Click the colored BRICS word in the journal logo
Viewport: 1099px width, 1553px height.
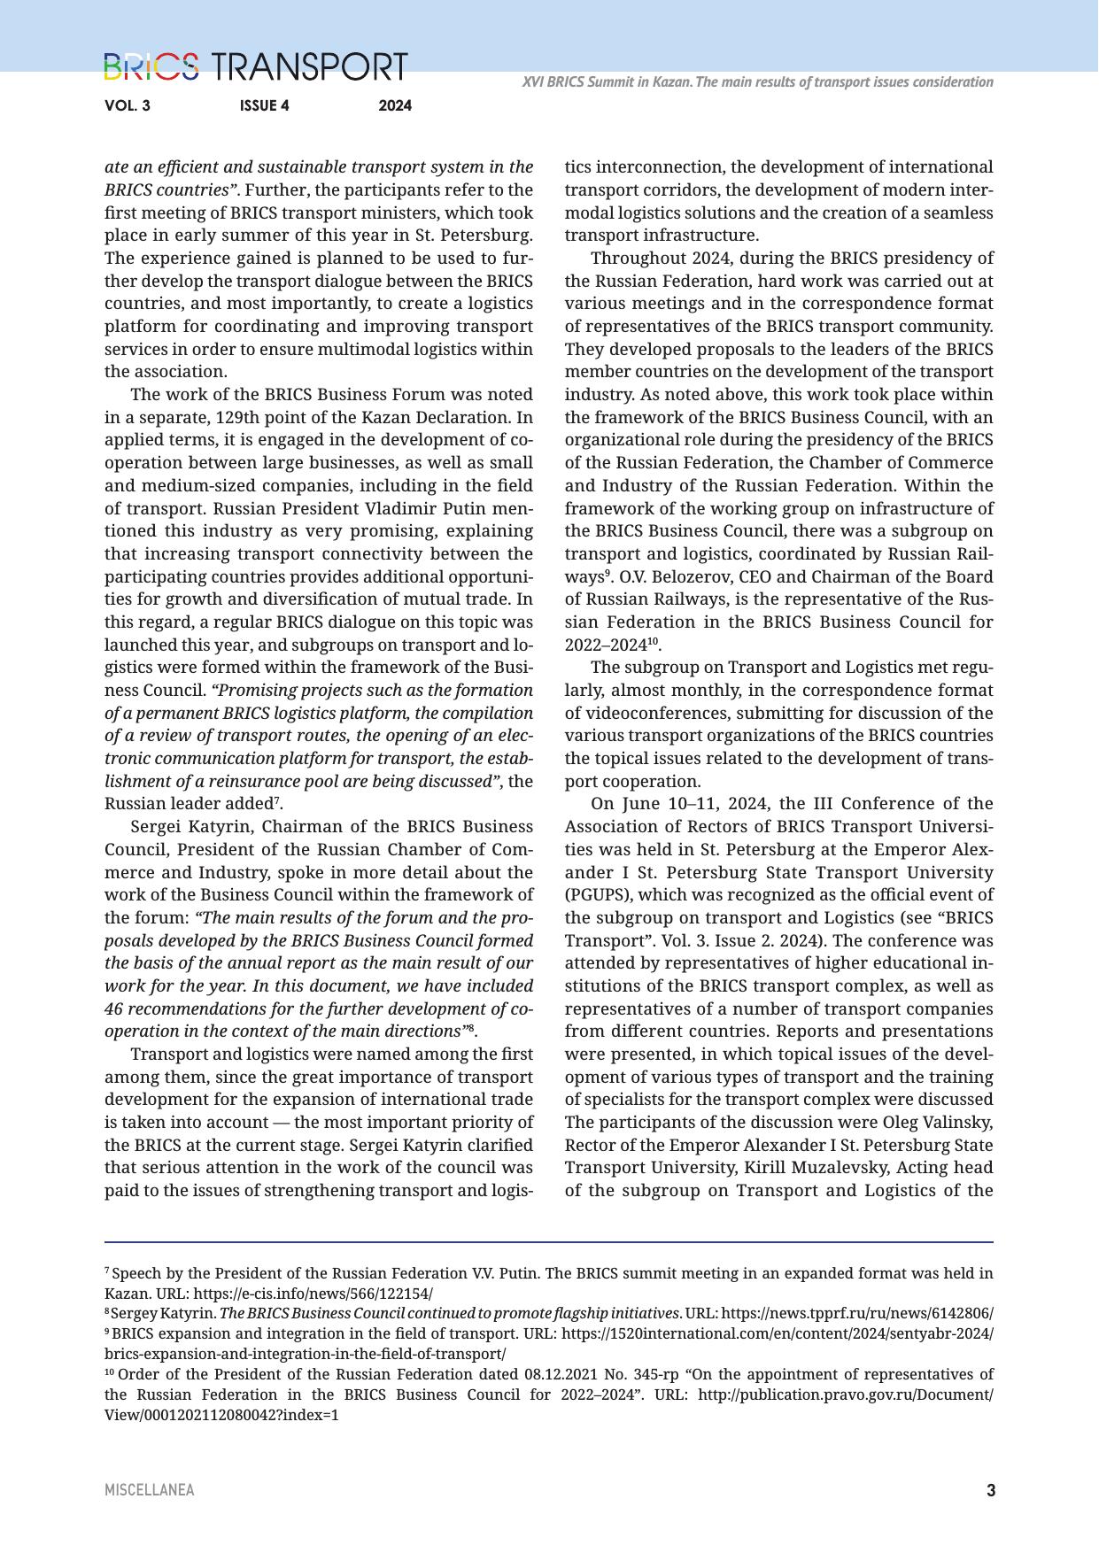[151, 67]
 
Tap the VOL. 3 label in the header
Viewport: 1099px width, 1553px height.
[128, 106]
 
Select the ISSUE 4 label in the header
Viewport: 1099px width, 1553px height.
[264, 106]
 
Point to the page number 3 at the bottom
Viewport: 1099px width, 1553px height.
[991, 1490]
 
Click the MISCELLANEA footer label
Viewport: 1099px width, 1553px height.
[149, 1490]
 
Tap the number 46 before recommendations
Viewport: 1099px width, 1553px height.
[115, 1008]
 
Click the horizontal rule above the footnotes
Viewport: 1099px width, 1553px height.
[549, 1241]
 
